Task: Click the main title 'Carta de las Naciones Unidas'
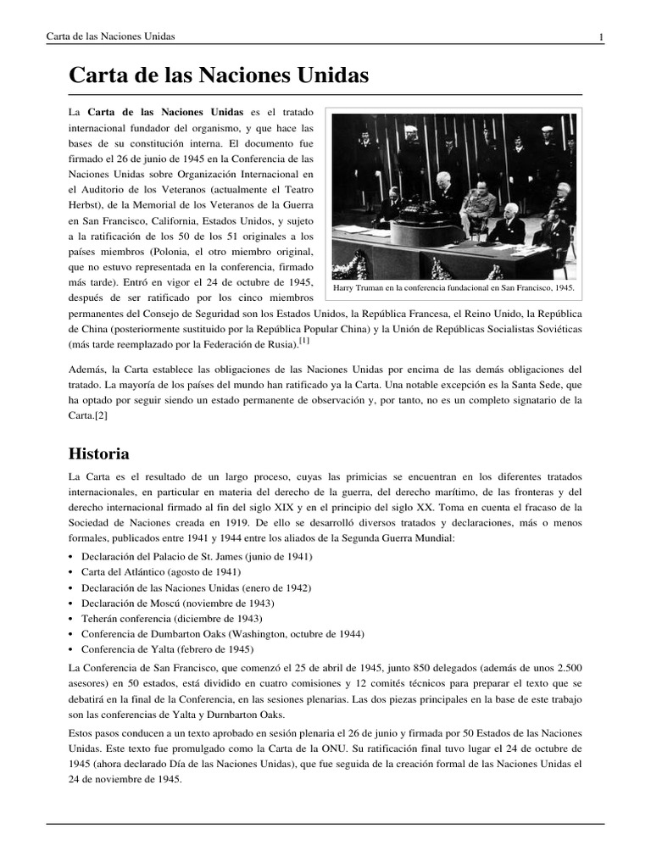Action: (x=219, y=76)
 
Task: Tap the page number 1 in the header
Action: (x=601, y=36)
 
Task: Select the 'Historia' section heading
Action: (x=98, y=454)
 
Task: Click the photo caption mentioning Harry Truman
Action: (x=453, y=288)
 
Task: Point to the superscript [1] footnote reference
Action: (x=304, y=341)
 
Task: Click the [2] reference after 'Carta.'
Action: (x=99, y=416)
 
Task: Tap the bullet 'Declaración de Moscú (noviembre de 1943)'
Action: (x=177, y=603)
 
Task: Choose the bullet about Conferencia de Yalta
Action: (x=167, y=649)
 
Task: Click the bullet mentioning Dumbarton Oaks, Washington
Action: (x=223, y=634)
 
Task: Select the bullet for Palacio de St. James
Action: (x=197, y=556)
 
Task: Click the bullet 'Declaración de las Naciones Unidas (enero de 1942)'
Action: (x=196, y=587)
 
